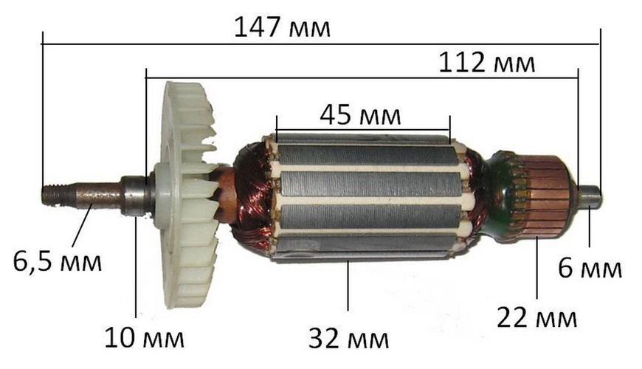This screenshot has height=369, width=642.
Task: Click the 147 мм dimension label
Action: click(282, 27)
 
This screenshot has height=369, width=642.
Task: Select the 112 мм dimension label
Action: click(487, 63)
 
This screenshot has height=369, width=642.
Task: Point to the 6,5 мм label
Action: click(58, 261)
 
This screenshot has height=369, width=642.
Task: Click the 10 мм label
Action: click(144, 338)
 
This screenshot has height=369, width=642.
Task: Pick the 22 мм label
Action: click(536, 317)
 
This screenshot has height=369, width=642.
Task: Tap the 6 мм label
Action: click(590, 269)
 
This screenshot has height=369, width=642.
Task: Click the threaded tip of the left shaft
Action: click(53, 195)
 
